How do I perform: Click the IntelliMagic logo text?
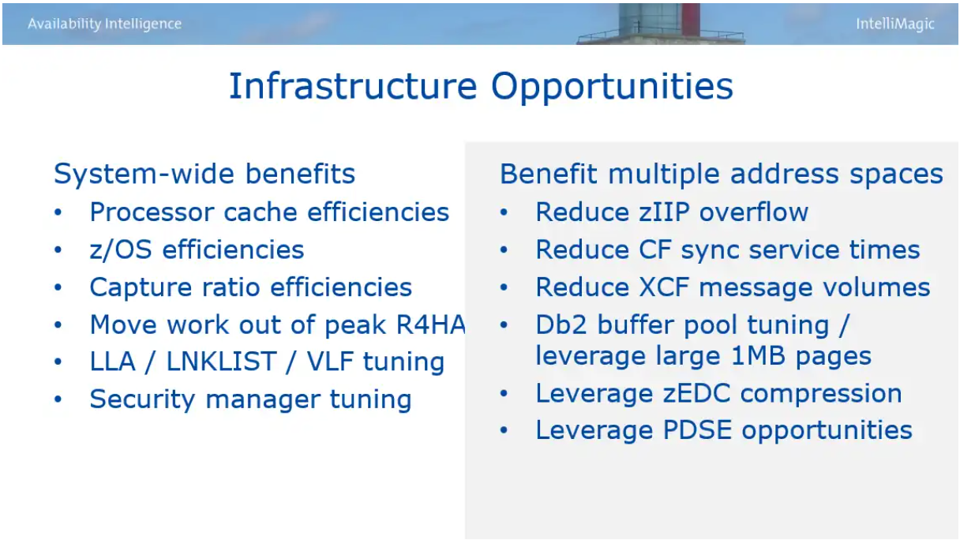click(x=894, y=24)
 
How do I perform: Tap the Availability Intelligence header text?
click(x=104, y=24)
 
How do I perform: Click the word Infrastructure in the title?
click(x=353, y=86)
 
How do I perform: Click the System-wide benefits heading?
click(x=204, y=174)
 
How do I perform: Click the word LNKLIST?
click(x=221, y=362)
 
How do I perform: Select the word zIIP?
click(x=664, y=212)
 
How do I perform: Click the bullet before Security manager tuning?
click(x=58, y=399)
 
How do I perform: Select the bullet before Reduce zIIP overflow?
click(x=504, y=212)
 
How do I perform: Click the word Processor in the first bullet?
click(x=152, y=212)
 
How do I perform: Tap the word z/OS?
click(x=121, y=249)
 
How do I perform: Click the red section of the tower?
click(x=691, y=20)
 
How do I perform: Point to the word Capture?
click(x=141, y=287)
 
